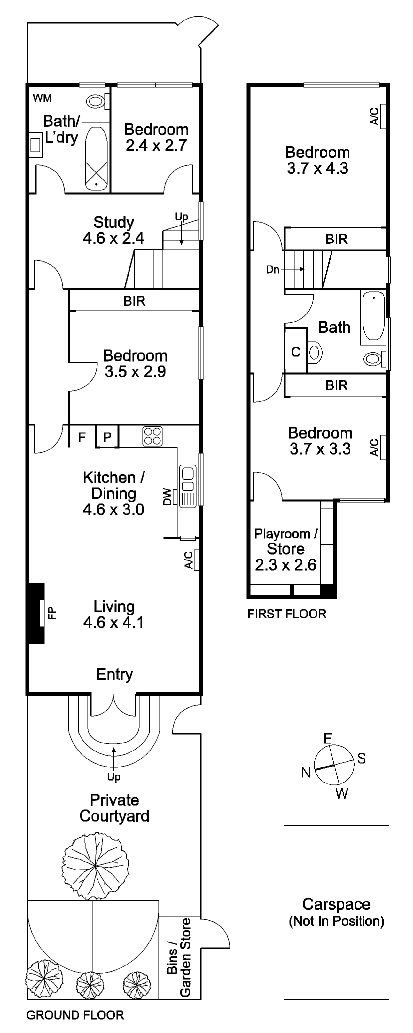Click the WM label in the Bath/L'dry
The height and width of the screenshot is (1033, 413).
coord(42,98)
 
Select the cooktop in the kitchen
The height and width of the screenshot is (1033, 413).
coord(152,436)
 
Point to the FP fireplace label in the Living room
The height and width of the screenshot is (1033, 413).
coord(52,613)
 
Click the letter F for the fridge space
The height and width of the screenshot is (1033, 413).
coord(82,437)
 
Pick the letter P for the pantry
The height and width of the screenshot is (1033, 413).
coord(107,437)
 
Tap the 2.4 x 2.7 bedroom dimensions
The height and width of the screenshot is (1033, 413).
coord(156,146)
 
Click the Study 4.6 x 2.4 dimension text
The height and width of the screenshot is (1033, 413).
coord(113,239)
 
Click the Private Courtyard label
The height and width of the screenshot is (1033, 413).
coord(114,808)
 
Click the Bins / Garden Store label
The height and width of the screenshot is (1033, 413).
coord(179,957)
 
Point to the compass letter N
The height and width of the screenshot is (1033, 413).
coord(306,772)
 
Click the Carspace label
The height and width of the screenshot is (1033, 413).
coord(336,904)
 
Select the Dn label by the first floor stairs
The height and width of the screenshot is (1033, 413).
coord(273,269)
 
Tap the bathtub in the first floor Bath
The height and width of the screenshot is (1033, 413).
coord(373,316)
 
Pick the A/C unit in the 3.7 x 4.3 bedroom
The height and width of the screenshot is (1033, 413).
coord(383,116)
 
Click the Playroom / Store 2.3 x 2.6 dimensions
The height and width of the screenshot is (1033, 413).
coord(285,565)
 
